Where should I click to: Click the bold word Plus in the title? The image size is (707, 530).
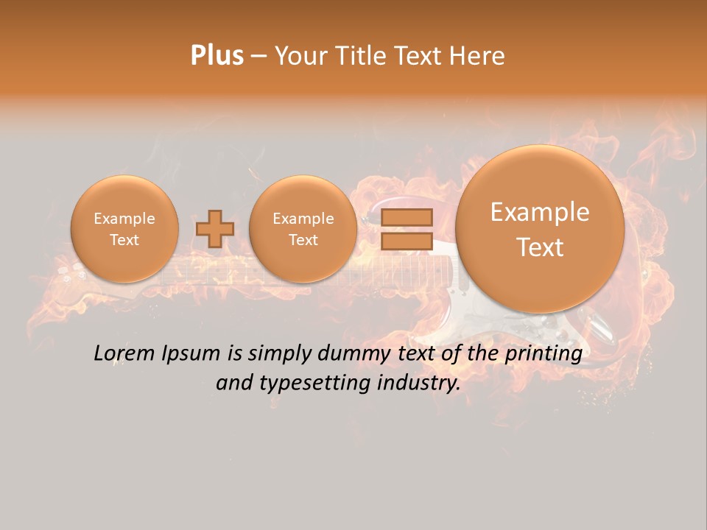point(217,56)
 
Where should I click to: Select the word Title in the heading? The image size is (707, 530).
point(355,56)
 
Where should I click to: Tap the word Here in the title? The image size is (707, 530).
point(478,56)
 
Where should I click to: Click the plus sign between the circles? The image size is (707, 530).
point(214,229)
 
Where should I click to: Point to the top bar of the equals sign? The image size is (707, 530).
point(407,217)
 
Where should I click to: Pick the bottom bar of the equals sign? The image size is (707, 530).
point(407,241)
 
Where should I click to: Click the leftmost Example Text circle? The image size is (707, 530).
point(124,229)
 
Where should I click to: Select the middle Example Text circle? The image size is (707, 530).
point(303,229)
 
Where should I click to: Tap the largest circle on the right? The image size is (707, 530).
point(540,229)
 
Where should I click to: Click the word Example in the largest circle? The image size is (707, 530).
point(540,212)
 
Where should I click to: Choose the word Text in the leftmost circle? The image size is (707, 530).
point(124,240)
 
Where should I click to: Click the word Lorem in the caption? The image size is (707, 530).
point(125,354)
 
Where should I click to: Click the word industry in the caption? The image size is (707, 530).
point(417,384)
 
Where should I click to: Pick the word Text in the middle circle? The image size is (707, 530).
point(303,240)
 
